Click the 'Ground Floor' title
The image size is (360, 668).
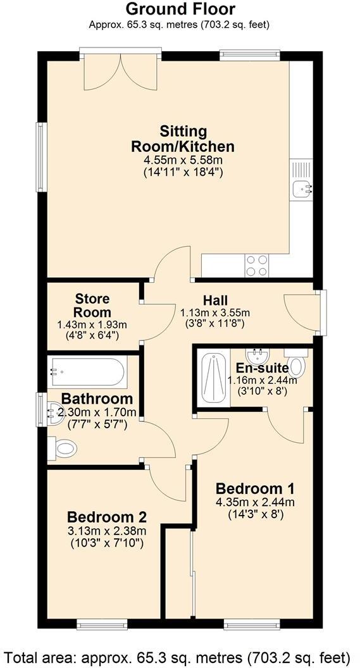click(x=180, y=9)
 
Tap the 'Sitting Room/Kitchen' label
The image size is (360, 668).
click(x=183, y=139)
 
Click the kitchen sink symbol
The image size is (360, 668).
click(x=302, y=187)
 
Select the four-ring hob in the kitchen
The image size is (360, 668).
click(x=256, y=265)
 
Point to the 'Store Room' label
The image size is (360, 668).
click(x=92, y=305)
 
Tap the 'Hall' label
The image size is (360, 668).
click(x=215, y=300)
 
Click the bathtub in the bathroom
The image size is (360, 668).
click(x=88, y=373)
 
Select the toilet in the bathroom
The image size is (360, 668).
click(x=63, y=448)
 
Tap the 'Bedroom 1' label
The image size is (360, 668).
click(x=255, y=488)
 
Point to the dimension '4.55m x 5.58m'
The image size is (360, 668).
click(x=183, y=161)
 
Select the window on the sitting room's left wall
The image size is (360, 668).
click(x=42, y=156)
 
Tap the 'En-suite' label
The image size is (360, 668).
click(x=263, y=368)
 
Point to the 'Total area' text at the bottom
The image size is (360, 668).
click(x=180, y=655)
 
